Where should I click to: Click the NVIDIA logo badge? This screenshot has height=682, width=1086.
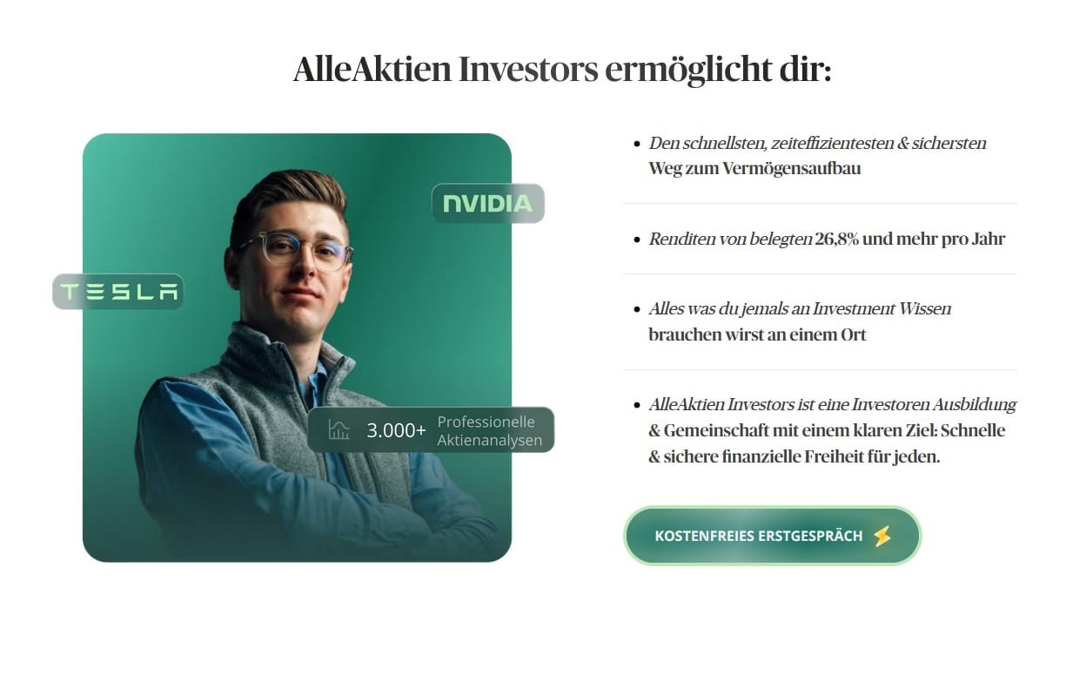(487, 204)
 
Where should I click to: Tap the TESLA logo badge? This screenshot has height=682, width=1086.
(118, 292)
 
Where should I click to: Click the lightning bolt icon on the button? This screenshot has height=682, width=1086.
(882, 537)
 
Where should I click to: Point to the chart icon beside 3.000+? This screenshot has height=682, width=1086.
(339, 429)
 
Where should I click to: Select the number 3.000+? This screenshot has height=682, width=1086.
(396, 430)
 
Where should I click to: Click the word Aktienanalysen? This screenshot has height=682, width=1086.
(490, 440)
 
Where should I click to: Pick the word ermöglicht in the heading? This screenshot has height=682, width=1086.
(688, 70)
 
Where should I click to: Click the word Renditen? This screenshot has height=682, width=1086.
(682, 239)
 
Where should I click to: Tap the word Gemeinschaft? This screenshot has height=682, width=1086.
(715, 430)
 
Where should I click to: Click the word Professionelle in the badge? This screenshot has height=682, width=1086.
(486, 422)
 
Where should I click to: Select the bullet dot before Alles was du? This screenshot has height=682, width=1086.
(637, 310)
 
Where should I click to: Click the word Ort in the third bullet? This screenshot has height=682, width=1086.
(853, 335)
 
